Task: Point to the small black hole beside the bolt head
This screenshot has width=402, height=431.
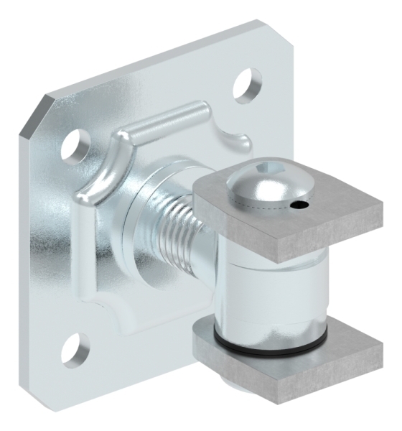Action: (x=300, y=208)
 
